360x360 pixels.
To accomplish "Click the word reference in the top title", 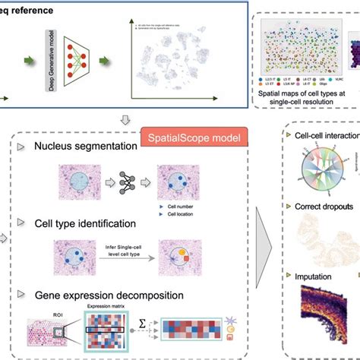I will point(35,11).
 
